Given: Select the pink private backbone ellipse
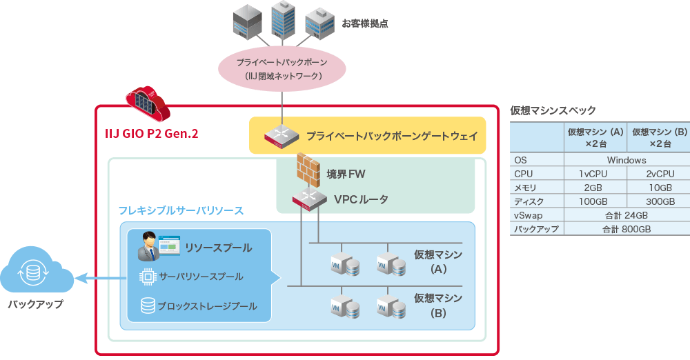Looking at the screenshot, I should point(282,68).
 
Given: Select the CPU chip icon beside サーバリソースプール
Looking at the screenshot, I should point(147,277).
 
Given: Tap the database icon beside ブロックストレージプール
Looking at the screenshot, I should point(147,305).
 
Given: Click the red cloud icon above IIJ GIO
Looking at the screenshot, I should point(146,103).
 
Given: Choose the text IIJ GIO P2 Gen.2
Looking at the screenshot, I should point(151,134).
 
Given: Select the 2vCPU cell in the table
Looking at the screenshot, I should point(660,174).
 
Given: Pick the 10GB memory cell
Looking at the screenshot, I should point(660,188).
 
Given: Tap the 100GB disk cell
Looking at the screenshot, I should point(593,201).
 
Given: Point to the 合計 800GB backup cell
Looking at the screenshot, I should point(627,229).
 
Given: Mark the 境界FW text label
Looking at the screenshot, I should point(346,174).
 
